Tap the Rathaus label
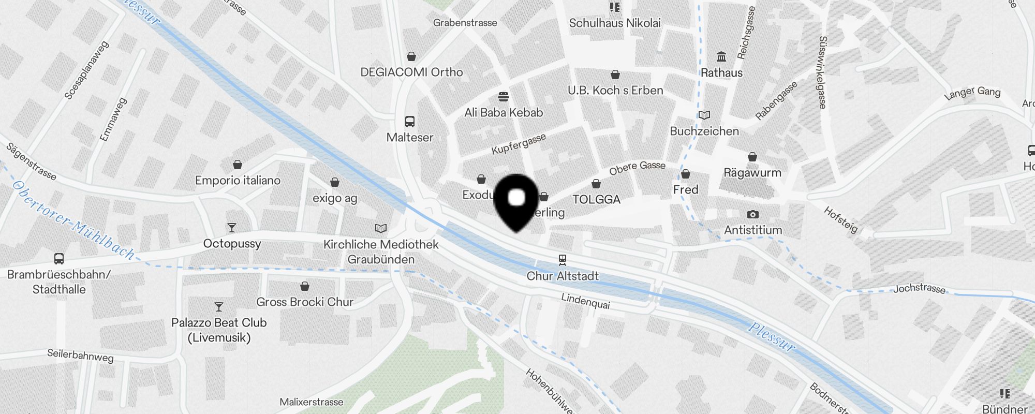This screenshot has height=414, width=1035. pos(721,73)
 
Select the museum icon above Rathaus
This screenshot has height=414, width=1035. pos(721,56)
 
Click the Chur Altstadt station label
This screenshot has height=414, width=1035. pos(563,276)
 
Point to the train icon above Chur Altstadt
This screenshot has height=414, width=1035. pos(563,260)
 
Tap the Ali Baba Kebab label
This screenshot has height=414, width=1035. pos(504,112)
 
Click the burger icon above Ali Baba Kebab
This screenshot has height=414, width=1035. pos(504,97)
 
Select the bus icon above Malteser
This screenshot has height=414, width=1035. pos(410,122)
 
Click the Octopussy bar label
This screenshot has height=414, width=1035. pos(232,243)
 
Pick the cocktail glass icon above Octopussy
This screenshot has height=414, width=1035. pos(232,228)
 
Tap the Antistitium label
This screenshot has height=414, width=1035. pos(753,230)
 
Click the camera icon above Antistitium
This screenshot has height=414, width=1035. pos(753,214)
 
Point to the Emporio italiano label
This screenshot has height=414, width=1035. pos(238,180)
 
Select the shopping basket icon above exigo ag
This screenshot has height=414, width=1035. pos(335,182)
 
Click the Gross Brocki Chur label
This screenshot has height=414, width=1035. pos(305,302)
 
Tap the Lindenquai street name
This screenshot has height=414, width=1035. pos(585,301)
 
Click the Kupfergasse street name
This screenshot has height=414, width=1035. pos(519,144)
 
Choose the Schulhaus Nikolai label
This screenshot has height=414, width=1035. pos(615,23)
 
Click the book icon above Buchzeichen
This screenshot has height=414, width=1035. pos(704,115)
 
